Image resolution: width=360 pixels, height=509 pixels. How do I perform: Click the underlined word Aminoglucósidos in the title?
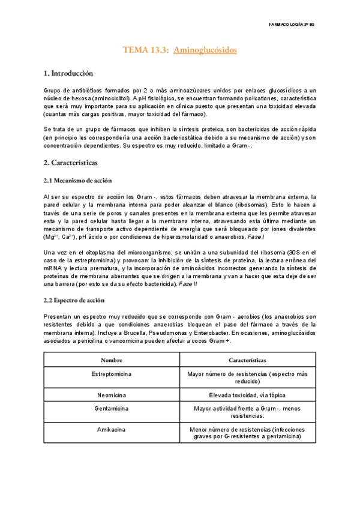205,50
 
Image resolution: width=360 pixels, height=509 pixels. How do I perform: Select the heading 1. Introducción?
68,74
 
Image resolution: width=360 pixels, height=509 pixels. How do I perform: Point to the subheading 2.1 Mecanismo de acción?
77,181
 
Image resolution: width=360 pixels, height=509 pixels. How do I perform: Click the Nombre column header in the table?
112,360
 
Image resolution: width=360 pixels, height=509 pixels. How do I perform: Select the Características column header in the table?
248,360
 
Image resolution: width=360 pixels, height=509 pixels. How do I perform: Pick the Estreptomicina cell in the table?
112,374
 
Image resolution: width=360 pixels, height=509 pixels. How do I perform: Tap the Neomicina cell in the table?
112,395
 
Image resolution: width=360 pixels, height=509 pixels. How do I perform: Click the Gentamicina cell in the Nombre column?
112,408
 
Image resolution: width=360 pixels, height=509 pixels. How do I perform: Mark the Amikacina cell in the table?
112,430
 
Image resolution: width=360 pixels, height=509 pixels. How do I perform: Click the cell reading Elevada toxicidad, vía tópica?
248,395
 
